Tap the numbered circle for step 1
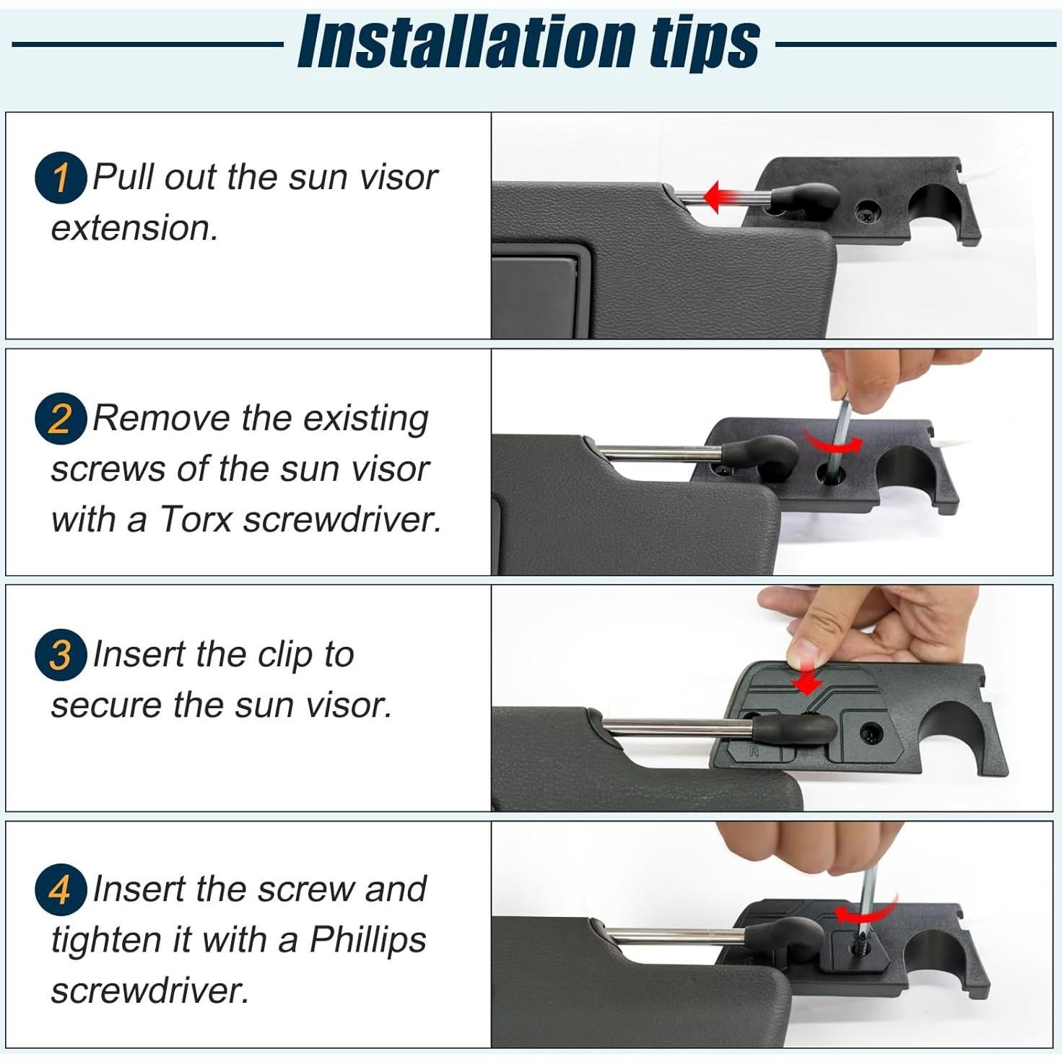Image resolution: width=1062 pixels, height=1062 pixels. [61, 178]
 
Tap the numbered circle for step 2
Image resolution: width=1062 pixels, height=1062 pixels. [61, 419]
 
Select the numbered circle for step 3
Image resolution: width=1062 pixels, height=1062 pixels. [61, 655]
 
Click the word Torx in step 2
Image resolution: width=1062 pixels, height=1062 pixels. [196, 519]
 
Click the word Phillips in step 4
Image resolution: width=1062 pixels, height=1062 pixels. [368, 940]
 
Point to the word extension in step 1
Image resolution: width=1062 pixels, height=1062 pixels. [134, 227]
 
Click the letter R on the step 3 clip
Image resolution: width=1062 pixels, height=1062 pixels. [754, 751]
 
